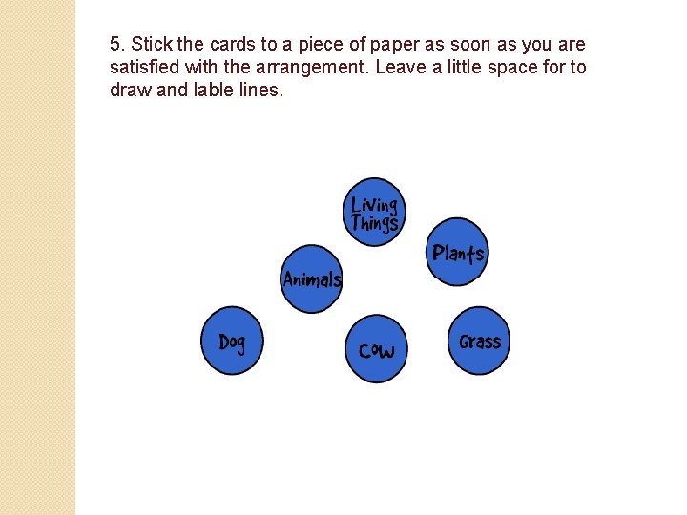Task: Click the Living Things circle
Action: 374,212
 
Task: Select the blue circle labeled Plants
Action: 458,252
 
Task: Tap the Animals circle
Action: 312,278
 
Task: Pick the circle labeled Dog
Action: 232,340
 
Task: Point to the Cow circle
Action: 376,349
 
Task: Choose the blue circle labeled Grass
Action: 479,340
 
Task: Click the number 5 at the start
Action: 115,45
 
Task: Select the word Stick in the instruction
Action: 148,45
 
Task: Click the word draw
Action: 130,91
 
